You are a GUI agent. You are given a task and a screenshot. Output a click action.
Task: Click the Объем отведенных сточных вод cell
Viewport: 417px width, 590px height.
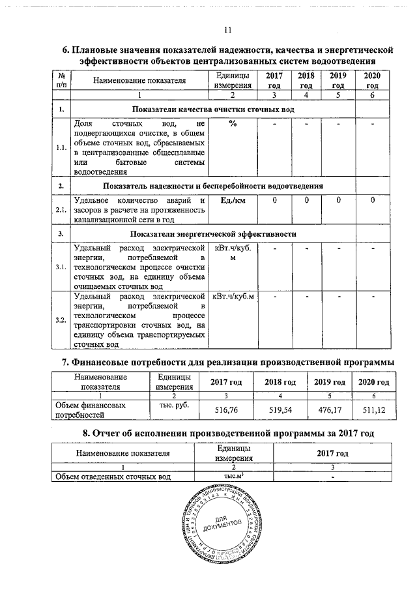[114, 477]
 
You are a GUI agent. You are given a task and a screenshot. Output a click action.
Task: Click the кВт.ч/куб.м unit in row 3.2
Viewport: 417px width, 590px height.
[233, 298]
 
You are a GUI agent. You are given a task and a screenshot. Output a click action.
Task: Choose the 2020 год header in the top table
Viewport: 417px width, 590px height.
[372, 80]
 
